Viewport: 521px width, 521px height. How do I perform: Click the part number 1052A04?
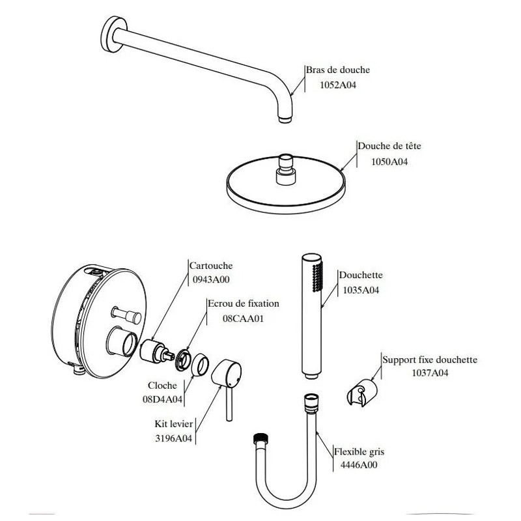(x=335, y=85)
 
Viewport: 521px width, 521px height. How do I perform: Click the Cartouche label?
(x=210, y=266)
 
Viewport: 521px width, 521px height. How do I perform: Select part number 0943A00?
(x=210, y=280)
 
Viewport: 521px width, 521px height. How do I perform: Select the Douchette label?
(x=361, y=275)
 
